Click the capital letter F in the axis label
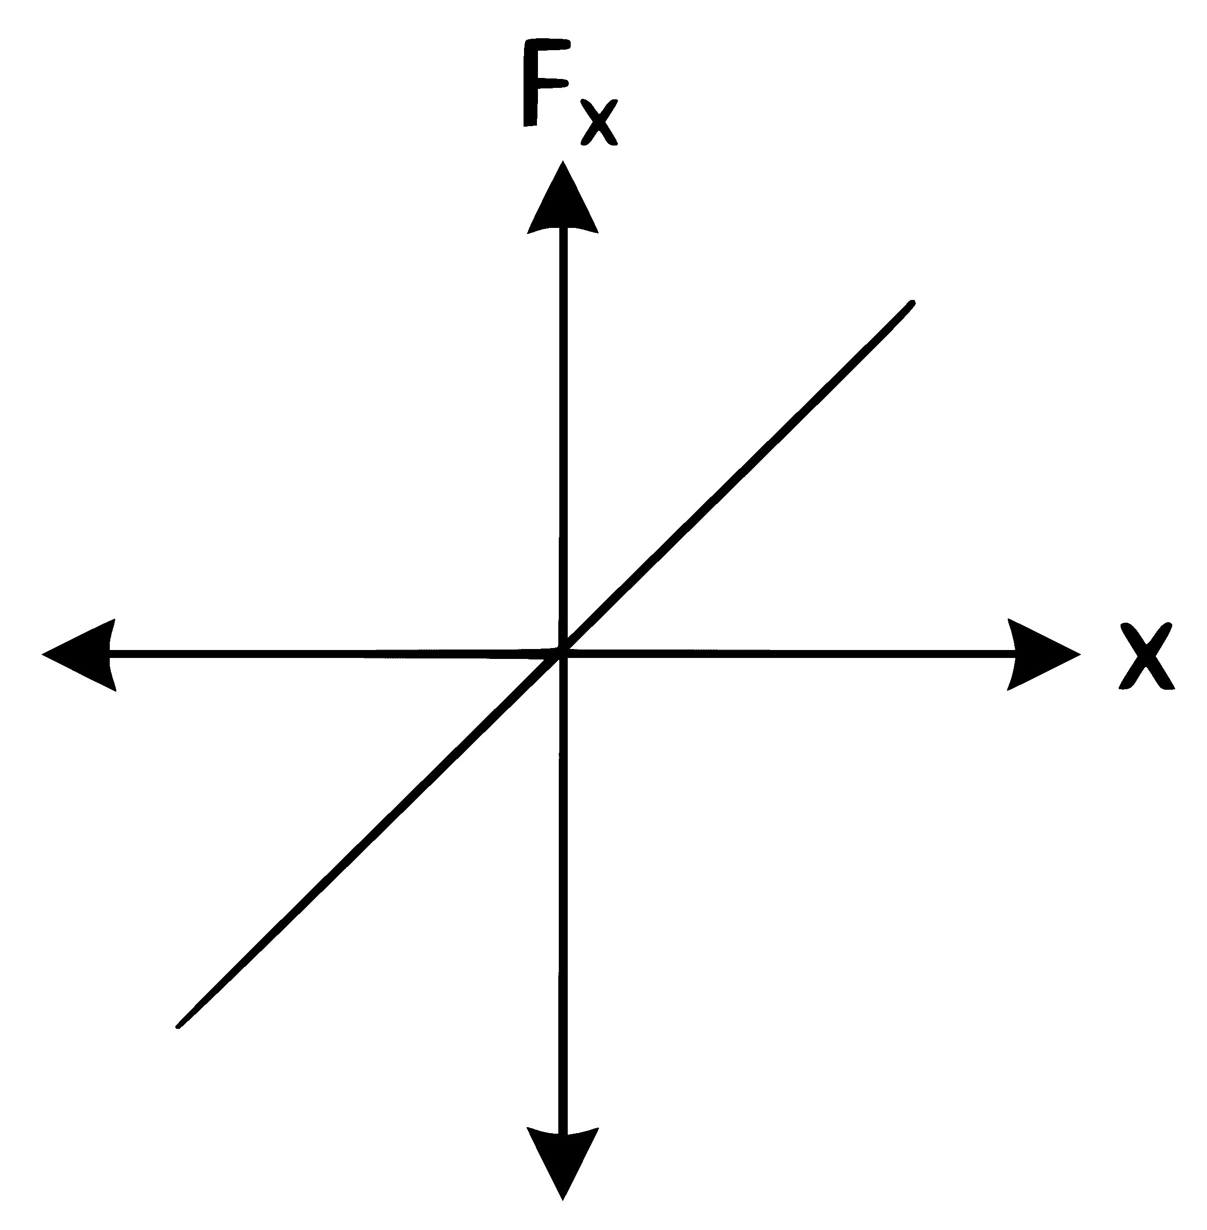(x=545, y=83)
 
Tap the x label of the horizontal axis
(x=1146, y=656)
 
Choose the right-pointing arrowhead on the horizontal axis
(x=1044, y=654)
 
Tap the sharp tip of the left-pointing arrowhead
(x=43, y=654)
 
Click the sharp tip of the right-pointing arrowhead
(x=1080, y=654)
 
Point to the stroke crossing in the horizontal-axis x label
(x=1146, y=656)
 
